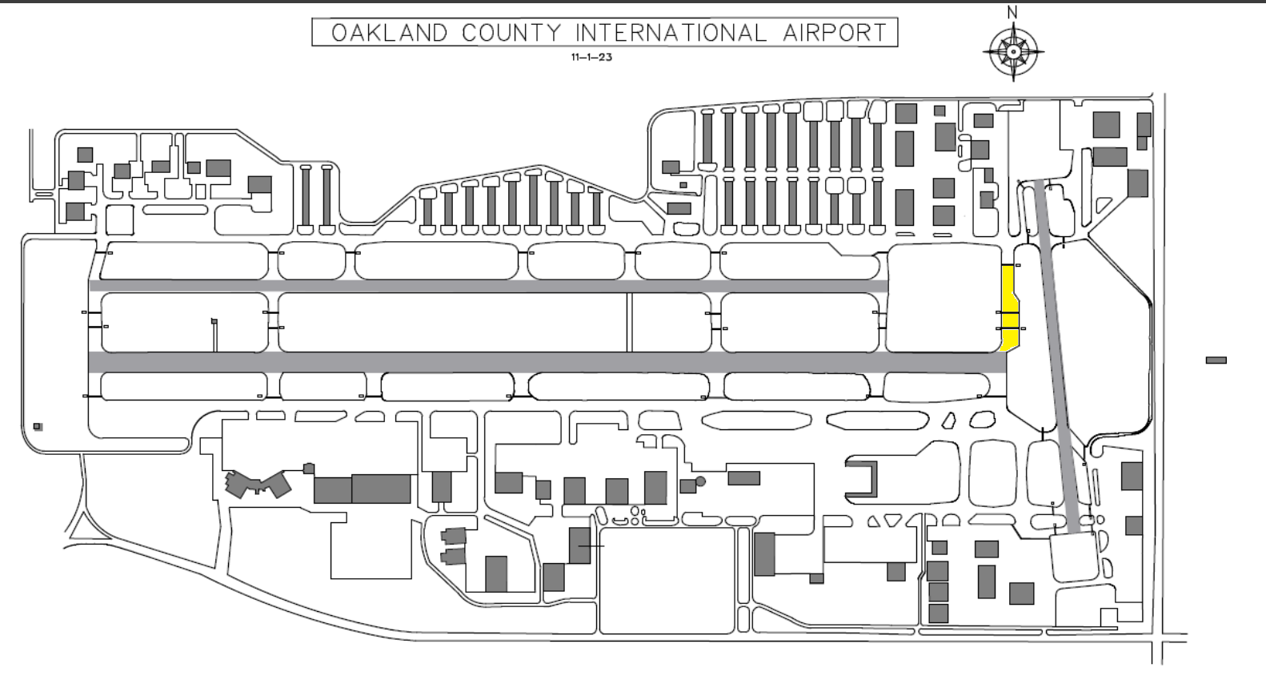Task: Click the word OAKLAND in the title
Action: click(x=390, y=33)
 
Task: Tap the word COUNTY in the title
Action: click(x=511, y=33)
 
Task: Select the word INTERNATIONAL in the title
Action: click(x=671, y=33)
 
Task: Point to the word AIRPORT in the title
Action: click(x=835, y=33)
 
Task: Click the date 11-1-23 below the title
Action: click(x=591, y=57)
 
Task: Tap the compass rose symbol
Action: click(x=1013, y=52)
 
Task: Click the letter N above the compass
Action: click(x=1012, y=12)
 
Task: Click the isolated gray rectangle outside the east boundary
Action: click(x=1216, y=360)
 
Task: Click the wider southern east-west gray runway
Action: click(x=547, y=362)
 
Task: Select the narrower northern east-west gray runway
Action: click(x=488, y=286)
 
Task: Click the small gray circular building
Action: click(x=700, y=481)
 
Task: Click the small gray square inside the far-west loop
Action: click(x=38, y=427)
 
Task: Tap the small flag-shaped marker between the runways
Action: click(x=214, y=322)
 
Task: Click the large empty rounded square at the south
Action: click(x=667, y=581)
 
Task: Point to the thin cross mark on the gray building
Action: click(x=591, y=546)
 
